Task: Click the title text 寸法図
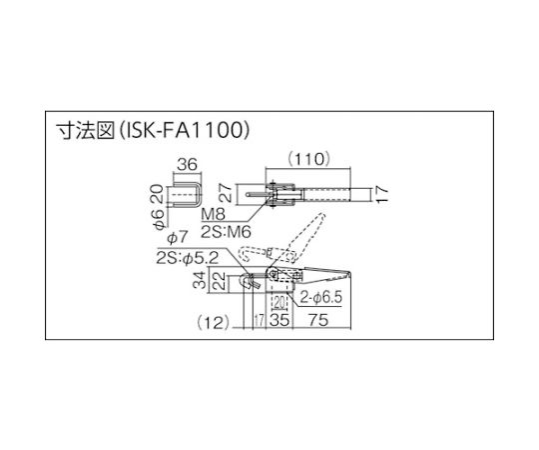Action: coord(85,131)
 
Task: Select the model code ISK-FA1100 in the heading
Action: coord(186,131)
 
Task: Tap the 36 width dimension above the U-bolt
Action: coord(188,165)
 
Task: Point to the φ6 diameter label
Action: coord(159,219)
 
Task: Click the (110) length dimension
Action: coord(309,159)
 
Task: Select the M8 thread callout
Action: coord(214,215)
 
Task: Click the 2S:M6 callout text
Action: coord(226,232)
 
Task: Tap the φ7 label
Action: coord(178,238)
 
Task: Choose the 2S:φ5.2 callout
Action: coord(188,258)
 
